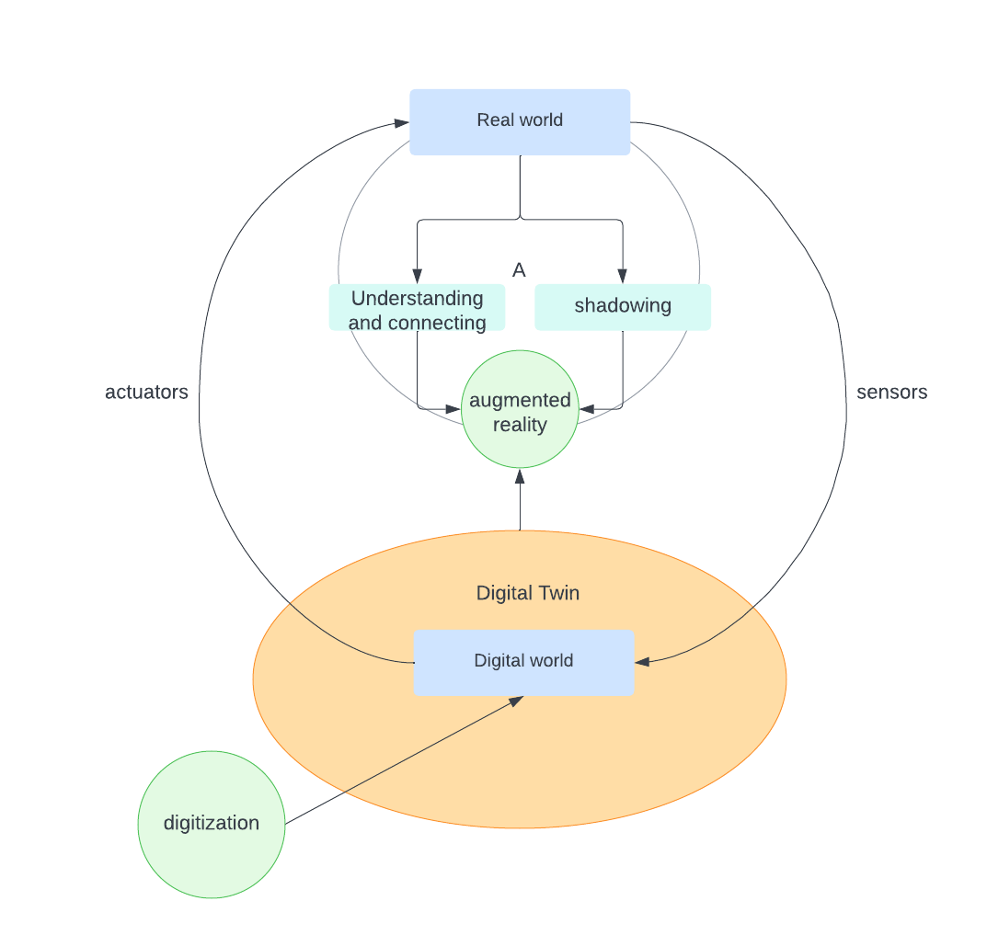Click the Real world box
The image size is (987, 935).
[x=520, y=121]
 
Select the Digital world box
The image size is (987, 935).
[x=523, y=662]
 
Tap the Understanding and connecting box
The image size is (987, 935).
[x=417, y=308]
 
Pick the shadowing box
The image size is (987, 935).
[x=623, y=307]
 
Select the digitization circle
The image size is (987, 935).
[x=212, y=824]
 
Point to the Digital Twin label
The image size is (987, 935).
[x=528, y=593]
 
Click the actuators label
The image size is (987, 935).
[x=146, y=393]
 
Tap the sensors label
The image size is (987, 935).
[x=891, y=393]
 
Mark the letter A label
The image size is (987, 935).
[x=519, y=270]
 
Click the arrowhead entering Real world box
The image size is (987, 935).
[x=402, y=122]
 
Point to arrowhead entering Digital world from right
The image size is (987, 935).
[x=642, y=661]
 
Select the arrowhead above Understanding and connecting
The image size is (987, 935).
[x=417, y=276]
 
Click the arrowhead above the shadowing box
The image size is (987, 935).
[x=623, y=276]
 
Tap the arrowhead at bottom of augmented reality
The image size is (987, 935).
[x=520, y=476]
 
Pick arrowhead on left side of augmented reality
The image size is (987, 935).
[x=453, y=408]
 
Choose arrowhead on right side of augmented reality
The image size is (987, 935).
[x=586, y=408]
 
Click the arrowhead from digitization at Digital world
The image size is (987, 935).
[x=516, y=701]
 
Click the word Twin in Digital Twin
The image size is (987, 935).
[x=558, y=593]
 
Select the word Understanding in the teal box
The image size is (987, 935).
[x=417, y=298]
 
